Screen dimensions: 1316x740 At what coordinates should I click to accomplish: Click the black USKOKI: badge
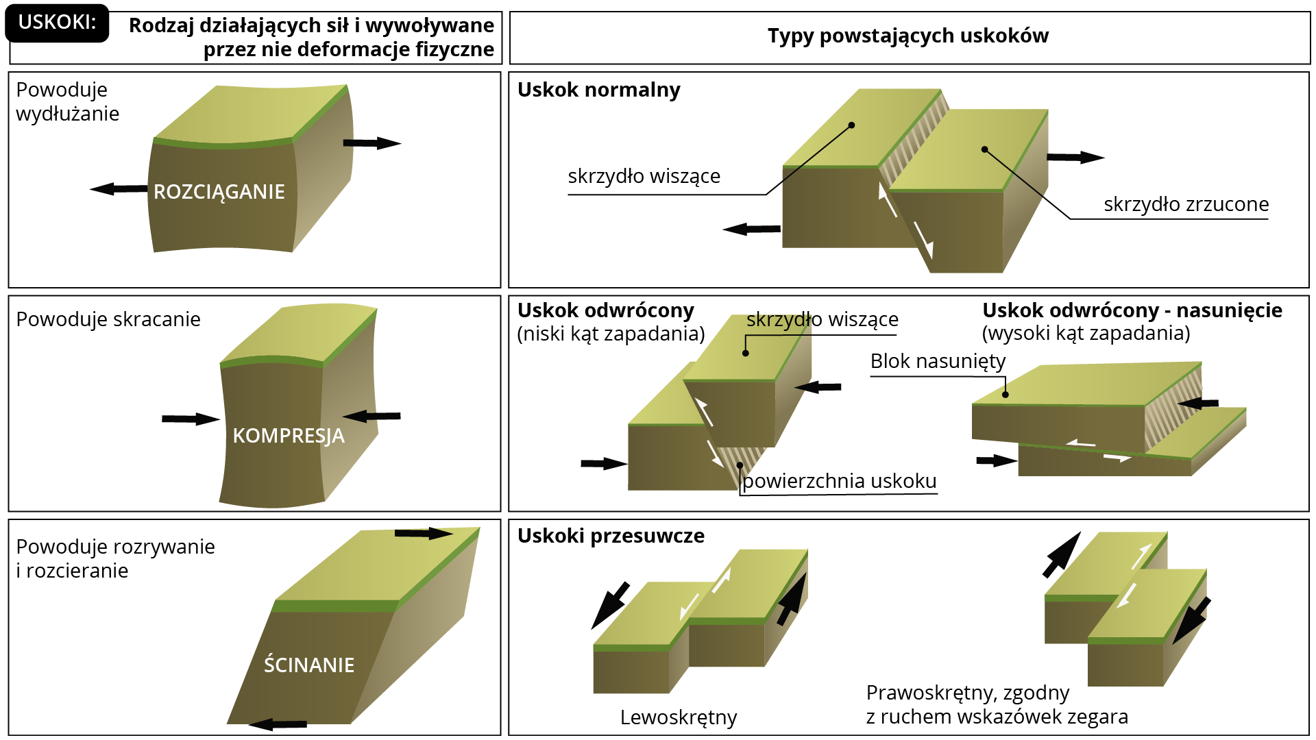tap(57, 23)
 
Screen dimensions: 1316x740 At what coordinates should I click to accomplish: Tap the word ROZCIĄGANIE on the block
tap(219, 193)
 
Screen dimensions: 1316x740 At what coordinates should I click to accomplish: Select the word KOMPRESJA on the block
tap(289, 436)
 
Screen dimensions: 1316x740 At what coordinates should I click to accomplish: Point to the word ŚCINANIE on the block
tap(309, 664)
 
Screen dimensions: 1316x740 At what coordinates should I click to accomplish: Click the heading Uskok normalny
tap(599, 90)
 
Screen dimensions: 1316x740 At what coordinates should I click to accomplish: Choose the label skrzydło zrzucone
tap(1186, 204)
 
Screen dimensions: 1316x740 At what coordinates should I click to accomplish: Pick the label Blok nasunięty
tap(938, 361)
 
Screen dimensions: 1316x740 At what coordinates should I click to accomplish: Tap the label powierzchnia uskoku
tap(840, 481)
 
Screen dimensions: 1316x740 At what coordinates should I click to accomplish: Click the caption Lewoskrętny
tap(679, 717)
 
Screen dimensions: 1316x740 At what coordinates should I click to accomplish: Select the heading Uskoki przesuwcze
tap(611, 536)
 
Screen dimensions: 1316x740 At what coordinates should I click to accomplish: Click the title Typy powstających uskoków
tap(908, 36)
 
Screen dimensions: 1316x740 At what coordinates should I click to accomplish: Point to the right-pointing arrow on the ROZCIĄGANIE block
tap(372, 143)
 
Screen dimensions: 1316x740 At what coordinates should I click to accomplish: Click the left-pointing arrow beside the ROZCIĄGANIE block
tap(119, 188)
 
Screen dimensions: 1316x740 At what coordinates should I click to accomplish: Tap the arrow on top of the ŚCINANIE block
tap(424, 533)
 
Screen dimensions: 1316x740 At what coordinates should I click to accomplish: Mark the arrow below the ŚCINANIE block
tap(278, 724)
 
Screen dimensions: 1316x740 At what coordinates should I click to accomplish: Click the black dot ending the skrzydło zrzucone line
tap(984, 149)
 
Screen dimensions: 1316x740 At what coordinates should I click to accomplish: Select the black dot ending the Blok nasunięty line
tap(1006, 395)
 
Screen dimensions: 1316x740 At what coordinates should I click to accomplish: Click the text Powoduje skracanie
tap(108, 319)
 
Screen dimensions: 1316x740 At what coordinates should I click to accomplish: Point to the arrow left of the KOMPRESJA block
tap(191, 419)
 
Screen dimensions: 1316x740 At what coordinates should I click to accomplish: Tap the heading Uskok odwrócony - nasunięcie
tap(1132, 310)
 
